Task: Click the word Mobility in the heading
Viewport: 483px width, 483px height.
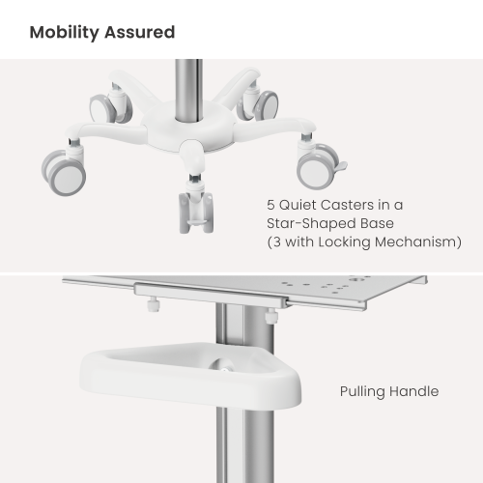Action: pyautogui.click(x=66, y=32)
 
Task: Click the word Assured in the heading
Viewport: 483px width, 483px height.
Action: pyautogui.click(x=140, y=32)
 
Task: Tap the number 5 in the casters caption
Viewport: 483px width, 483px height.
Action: pyautogui.click(x=270, y=205)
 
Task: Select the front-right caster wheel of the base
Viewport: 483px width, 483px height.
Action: pyautogui.click(x=317, y=169)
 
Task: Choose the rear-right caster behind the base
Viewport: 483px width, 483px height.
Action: pyautogui.click(x=263, y=100)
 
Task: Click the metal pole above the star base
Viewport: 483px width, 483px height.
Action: pyautogui.click(x=187, y=82)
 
